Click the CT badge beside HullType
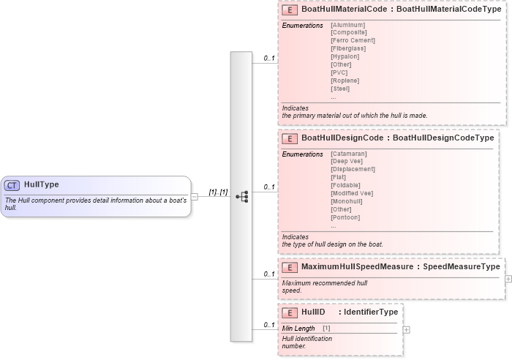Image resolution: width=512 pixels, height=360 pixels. [x=12, y=185]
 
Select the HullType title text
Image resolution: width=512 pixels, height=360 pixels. [x=42, y=185]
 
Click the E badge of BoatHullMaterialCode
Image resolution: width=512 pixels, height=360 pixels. [x=290, y=10]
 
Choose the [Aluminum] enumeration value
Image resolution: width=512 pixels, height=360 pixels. [x=347, y=25]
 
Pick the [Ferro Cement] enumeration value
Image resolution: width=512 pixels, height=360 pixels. [x=353, y=41]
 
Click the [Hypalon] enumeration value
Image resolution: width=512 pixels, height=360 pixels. [x=345, y=56]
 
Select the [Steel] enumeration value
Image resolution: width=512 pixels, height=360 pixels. [x=340, y=89]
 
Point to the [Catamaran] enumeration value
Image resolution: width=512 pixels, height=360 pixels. [x=348, y=154]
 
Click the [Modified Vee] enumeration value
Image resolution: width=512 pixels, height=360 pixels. [x=352, y=193]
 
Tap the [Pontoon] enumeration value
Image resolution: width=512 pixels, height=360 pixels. [x=345, y=217]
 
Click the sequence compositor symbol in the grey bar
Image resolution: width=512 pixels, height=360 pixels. [x=241, y=196]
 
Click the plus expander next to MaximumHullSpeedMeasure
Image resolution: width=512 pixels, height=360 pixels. [x=508, y=279]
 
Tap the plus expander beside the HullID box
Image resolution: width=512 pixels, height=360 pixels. [x=407, y=330]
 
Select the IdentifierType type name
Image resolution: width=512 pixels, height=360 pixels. [x=371, y=312]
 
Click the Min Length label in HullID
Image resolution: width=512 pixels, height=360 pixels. [x=298, y=329]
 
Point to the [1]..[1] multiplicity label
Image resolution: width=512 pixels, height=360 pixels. [x=219, y=192]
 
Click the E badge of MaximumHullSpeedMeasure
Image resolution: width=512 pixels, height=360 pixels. [x=290, y=267]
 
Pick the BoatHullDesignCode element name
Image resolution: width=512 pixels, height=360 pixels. [x=342, y=138]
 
